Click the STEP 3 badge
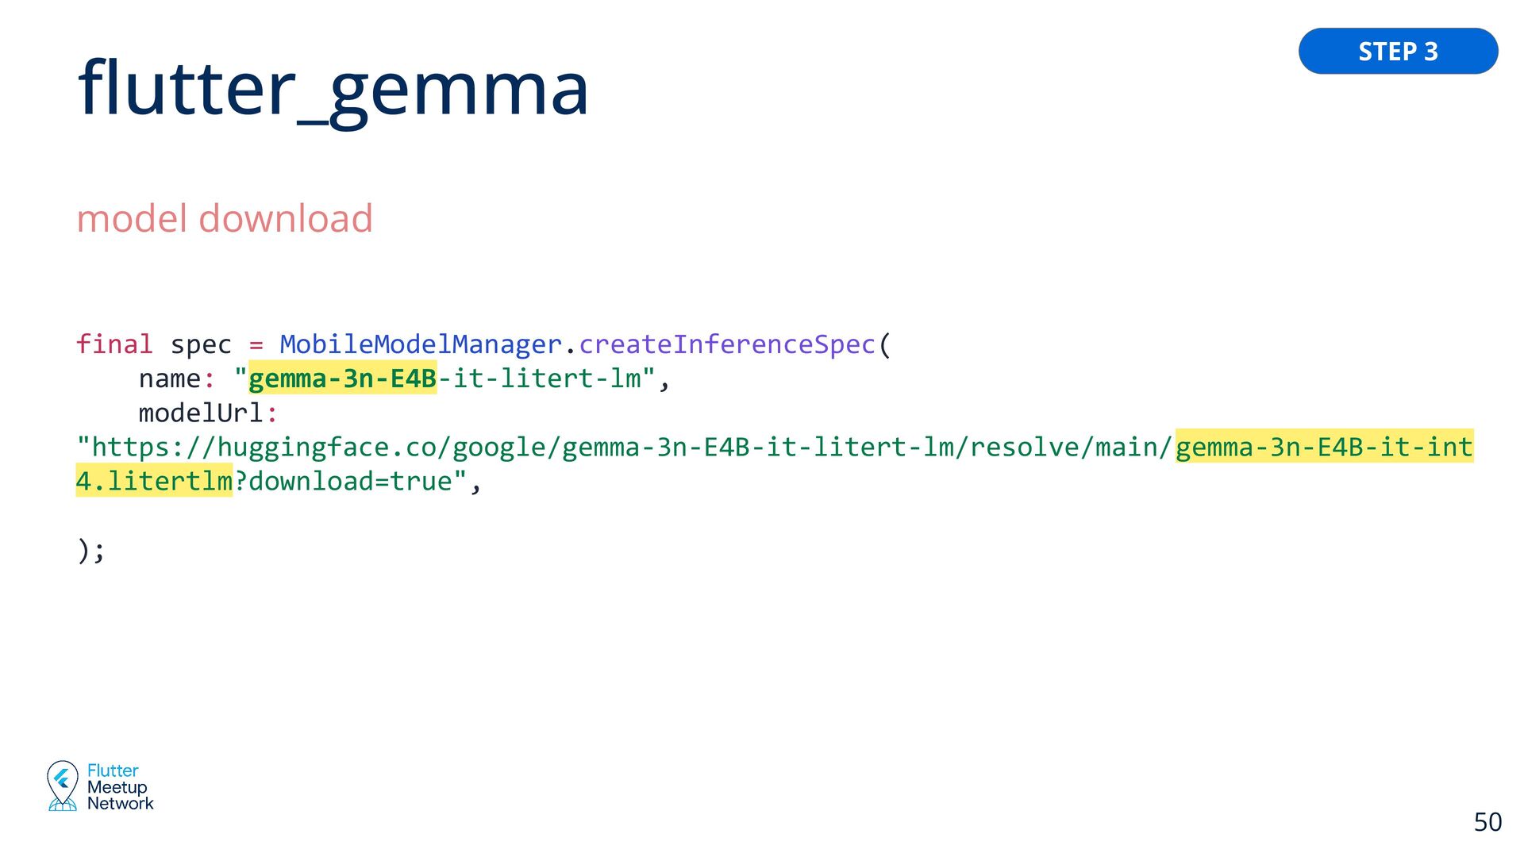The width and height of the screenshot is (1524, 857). (x=1398, y=52)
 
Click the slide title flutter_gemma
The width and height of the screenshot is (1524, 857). (x=333, y=89)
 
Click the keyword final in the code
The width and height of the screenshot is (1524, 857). (x=114, y=344)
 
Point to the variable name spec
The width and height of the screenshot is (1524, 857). (x=201, y=344)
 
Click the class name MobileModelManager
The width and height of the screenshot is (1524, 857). (x=421, y=344)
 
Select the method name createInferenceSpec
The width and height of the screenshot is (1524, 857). (x=727, y=344)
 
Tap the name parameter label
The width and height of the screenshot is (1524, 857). (x=169, y=379)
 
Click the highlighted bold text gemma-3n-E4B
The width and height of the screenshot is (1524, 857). (x=342, y=379)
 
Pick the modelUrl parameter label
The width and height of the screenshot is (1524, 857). (x=200, y=413)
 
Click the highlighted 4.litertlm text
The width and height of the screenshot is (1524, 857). (x=154, y=482)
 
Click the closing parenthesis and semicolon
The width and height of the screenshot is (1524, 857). (x=90, y=550)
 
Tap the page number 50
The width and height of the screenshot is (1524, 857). (x=1487, y=822)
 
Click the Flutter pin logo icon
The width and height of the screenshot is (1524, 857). (x=62, y=785)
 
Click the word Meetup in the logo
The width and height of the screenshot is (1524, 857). (x=117, y=787)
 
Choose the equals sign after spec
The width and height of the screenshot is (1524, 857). (x=256, y=344)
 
